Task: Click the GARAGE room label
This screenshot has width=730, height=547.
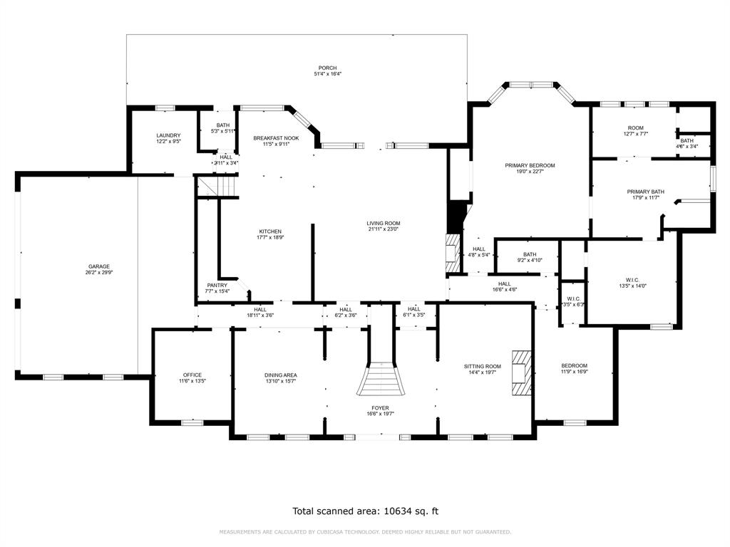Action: coord(99,266)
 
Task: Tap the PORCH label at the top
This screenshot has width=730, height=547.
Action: coord(327,68)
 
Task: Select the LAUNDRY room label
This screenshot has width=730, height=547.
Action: coord(168,135)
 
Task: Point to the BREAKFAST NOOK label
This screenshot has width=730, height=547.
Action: coord(276,138)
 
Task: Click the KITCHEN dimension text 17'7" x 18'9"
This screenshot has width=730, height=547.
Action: coord(270,238)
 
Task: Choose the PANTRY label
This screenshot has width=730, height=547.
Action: coord(217,285)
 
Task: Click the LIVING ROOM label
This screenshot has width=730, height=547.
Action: coord(384,223)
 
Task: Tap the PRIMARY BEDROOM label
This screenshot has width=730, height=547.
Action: coord(530,165)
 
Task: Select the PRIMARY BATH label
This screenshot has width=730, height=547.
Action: coord(645,192)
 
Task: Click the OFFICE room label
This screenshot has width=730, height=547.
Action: coord(192,375)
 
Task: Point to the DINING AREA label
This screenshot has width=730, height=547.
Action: coord(280,375)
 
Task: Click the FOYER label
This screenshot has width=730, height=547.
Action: coord(380,407)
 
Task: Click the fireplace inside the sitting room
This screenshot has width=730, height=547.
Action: coord(523,372)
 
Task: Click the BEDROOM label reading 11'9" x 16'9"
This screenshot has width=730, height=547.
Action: coord(574,365)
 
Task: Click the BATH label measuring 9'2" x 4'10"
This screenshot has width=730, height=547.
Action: coord(529,254)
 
